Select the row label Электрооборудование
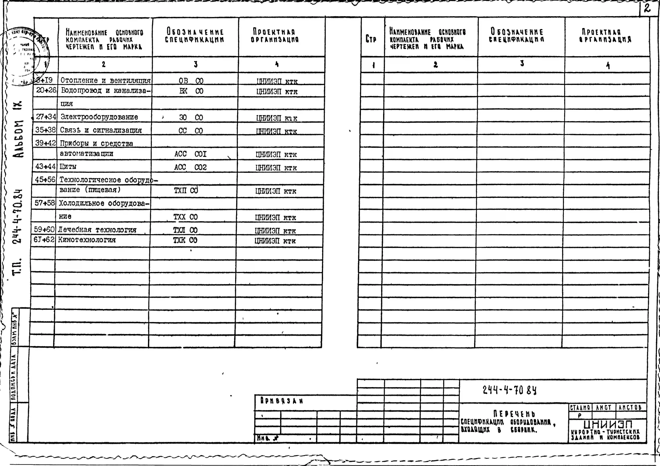(x=99, y=117)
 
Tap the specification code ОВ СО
(x=191, y=81)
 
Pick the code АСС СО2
(x=190, y=167)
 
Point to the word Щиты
(x=68, y=166)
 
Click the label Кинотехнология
(x=87, y=240)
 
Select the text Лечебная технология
(x=97, y=230)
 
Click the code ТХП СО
(x=186, y=190)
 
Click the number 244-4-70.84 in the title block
(x=509, y=390)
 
